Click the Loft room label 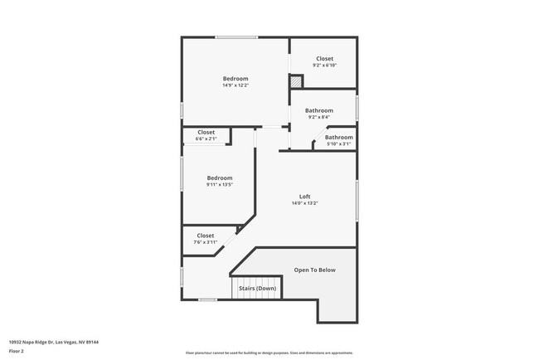pyautogui.click(x=304, y=197)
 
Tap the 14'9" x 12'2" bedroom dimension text pyautogui.click(x=236, y=85)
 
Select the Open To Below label pyautogui.click(x=315, y=270)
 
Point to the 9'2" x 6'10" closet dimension pyautogui.click(x=323, y=66)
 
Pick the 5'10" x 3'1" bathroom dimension pyautogui.click(x=338, y=144)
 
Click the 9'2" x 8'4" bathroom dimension pyautogui.click(x=318, y=117)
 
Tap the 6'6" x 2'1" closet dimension pyautogui.click(x=206, y=139)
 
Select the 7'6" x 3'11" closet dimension pyautogui.click(x=205, y=242)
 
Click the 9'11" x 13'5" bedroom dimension pyautogui.click(x=220, y=184)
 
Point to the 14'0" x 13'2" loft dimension pyautogui.click(x=304, y=203)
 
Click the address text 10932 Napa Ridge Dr pyautogui.click(x=47, y=341)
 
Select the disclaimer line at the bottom pyautogui.click(x=269, y=353)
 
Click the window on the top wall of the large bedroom pyautogui.click(x=236, y=36)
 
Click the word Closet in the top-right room pyautogui.click(x=323, y=59)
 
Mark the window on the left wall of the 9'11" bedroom pyautogui.click(x=182, y=174)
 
